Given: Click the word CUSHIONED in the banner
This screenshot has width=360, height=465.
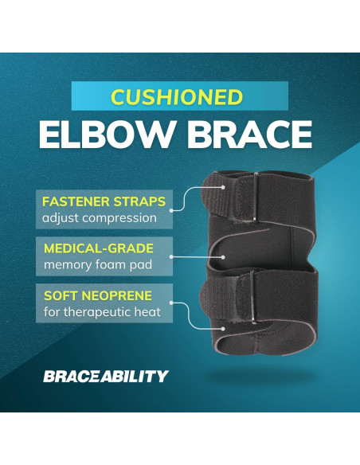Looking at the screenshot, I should click(x=177, y=97).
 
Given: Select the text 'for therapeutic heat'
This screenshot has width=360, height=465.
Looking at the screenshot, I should click(x=96, y=313).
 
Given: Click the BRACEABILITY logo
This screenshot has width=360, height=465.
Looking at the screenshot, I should click(x=106, y=375).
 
